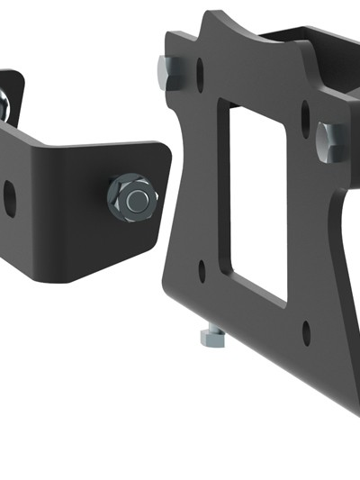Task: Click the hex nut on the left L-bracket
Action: click(132, 198)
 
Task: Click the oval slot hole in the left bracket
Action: click(9, 198)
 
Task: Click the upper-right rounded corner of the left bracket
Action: click(163, 149)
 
